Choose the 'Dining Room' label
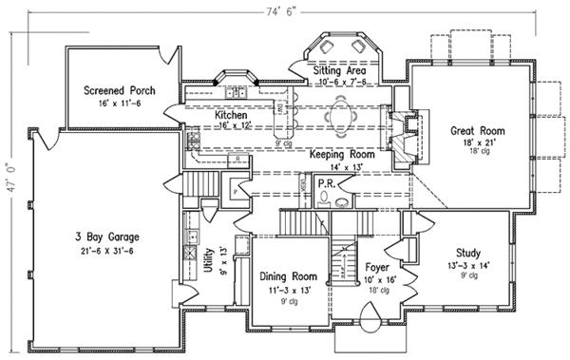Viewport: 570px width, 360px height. [288, 277]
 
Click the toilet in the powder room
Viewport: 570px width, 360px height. [327, 200]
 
